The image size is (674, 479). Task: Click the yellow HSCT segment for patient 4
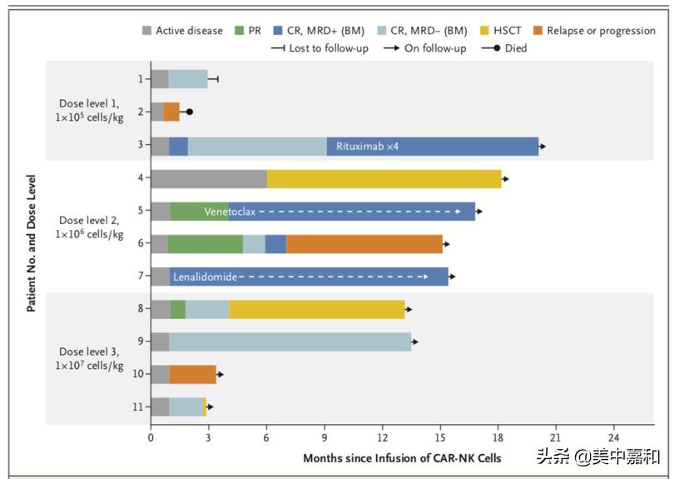(x=384, y=179)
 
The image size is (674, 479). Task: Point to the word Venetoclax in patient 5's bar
(x=230, y=212)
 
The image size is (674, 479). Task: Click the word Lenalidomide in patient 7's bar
(x=205, y=276)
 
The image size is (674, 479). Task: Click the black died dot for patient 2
(x=190, y=112)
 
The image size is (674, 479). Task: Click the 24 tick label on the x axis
(x=613, y=437)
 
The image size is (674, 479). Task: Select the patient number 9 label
(x=141, y=342)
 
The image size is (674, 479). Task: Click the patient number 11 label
(x=138, y=407)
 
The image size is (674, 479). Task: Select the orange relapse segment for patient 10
(x=192, y=374)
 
